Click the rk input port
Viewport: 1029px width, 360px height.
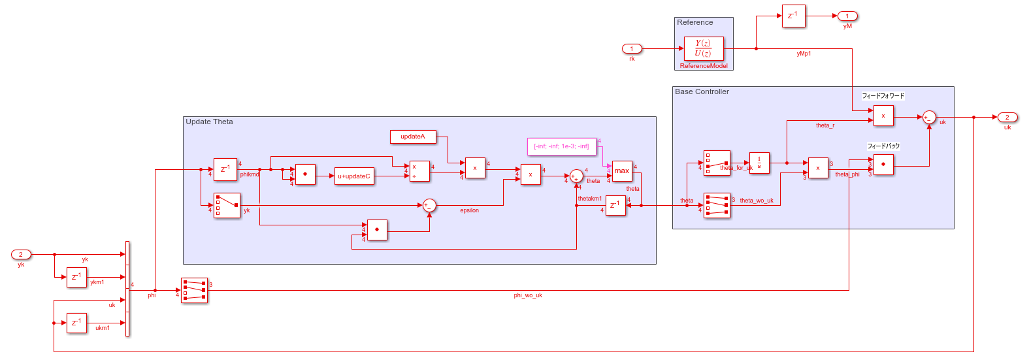631,48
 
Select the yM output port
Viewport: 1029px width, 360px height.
847,16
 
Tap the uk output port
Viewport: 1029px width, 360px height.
1007,118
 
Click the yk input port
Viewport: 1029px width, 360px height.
21,255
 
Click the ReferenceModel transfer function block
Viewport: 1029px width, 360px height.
704,48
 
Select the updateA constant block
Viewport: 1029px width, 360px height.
413,137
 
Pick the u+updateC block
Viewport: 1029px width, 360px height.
354,176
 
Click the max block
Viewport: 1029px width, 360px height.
622,171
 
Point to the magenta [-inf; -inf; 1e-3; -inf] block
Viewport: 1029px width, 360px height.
562,146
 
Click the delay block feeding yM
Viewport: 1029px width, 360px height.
793,16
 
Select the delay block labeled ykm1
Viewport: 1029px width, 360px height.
76,278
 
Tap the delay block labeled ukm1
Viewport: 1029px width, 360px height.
76,323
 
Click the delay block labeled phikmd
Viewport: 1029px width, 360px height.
225,169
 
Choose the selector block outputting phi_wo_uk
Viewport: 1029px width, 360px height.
194,291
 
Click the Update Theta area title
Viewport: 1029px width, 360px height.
209,122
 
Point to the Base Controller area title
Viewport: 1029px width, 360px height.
702,92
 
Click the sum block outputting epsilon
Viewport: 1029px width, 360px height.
429,206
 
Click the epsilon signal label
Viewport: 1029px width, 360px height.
469,211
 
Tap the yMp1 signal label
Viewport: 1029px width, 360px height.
804,54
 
